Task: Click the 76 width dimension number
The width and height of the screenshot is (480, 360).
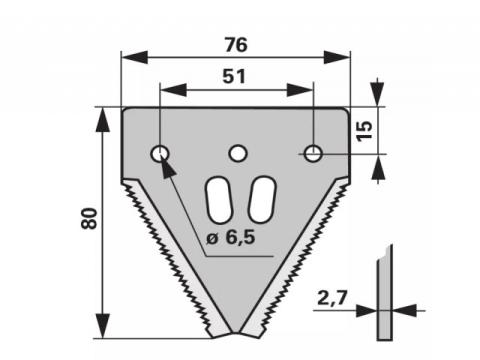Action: coord(236,45)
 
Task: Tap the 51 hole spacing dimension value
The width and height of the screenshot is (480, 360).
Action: coord(234,76)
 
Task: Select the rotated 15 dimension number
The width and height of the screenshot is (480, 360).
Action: coord(364,131)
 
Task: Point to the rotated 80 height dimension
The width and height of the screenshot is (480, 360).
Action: coord(89,218)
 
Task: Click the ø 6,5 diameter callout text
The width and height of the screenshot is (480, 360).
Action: coord(231,238)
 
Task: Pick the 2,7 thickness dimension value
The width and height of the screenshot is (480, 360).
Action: coord(332,298)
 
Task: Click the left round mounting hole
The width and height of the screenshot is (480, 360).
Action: coord(160,154)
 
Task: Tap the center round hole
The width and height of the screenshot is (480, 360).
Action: coord(237,154)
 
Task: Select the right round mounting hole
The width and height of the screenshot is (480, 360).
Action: coord(313,153)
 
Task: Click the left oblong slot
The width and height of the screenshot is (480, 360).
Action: coord(218,200)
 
